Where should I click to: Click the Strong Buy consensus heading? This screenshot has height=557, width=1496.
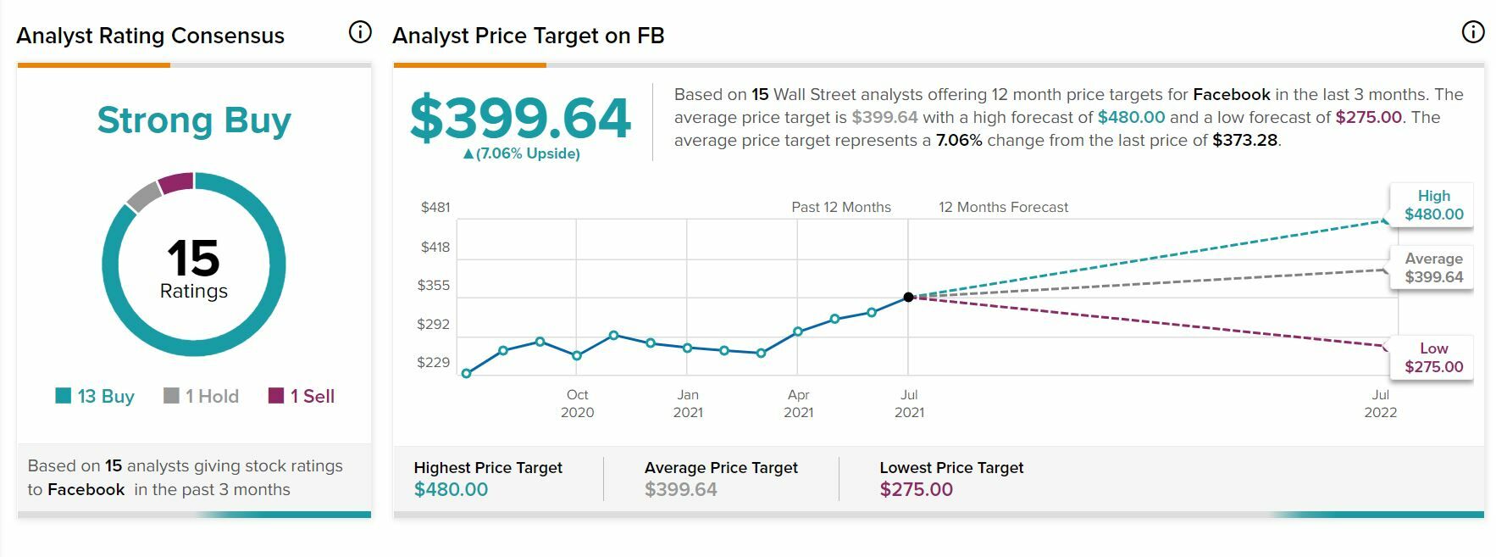pos(194,120)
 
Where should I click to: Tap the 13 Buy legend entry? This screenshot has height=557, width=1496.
pos(95,396)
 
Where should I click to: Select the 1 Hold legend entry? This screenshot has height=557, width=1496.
pos(202,396)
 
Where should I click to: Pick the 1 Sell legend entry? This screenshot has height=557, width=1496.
pos(302,396)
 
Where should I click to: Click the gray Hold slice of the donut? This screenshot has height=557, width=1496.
pos(144,195)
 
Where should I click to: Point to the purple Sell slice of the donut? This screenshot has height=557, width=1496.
pos(176,182)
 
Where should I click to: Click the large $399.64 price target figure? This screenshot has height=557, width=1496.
pos(520,118)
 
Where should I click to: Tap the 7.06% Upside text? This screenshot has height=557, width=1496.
pos(522,153)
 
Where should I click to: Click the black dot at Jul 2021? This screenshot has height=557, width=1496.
pos(908,297)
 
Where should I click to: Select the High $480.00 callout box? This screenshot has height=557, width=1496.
pos(1433,205)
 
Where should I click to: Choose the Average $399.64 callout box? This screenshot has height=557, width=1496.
pos(1433,268)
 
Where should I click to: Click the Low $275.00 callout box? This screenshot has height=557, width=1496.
pos(1433,358)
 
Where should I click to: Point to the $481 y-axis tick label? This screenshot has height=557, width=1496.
pos(435,207)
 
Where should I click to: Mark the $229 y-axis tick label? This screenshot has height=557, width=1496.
pos(434,362)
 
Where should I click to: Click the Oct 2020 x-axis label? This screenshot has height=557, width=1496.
pos(577,404)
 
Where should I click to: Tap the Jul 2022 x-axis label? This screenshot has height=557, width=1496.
pos(1380,404)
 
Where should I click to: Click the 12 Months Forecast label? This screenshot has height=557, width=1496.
pos(1003,207)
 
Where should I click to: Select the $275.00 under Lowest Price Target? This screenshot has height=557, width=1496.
pos(916,489)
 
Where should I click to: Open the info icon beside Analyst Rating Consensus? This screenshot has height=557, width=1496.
pos(360,32)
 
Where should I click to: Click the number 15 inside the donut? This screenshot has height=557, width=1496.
pos(193,258)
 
